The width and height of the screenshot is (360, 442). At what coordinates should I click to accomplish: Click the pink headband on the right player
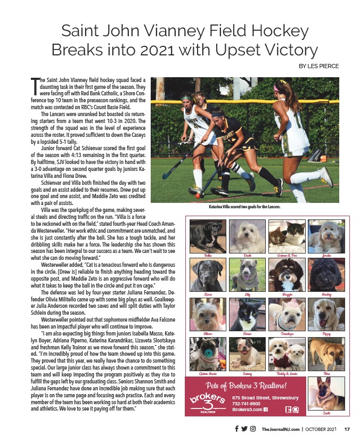coord(281,87)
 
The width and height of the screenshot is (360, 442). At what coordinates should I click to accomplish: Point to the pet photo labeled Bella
coord(207,236)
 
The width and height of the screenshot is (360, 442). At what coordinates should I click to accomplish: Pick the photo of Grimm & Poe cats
coord(287,236)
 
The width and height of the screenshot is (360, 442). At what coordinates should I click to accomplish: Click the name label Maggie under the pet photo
coord(287,293)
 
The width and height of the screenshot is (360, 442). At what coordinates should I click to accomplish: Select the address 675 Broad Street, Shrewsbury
coord(265,397)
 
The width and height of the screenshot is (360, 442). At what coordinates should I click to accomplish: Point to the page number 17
coord(346,429)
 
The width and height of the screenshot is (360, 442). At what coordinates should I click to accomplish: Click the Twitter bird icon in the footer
coord(244,429)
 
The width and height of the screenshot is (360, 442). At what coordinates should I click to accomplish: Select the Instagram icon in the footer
coord(253,429)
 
